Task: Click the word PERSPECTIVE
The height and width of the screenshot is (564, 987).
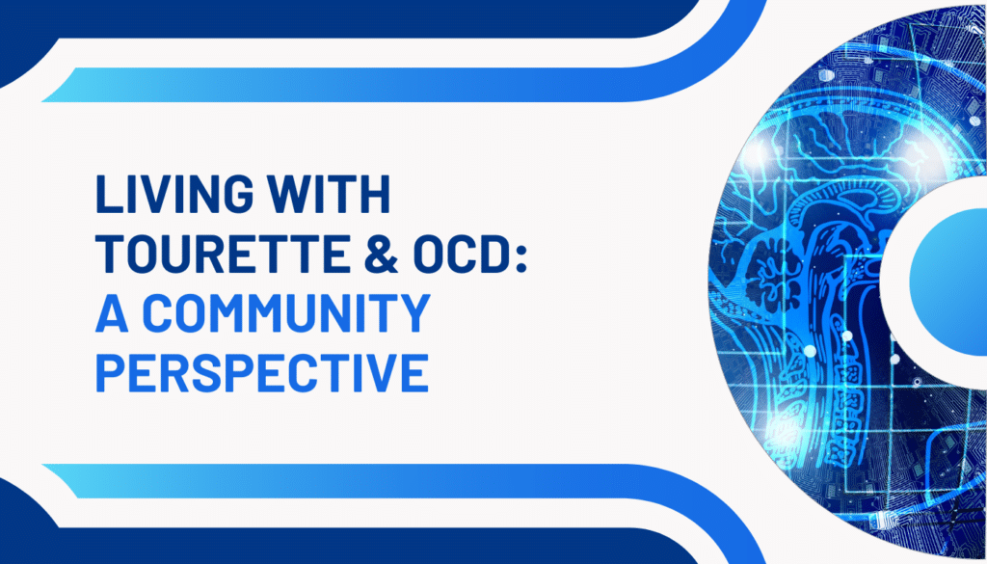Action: coord(262,373)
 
